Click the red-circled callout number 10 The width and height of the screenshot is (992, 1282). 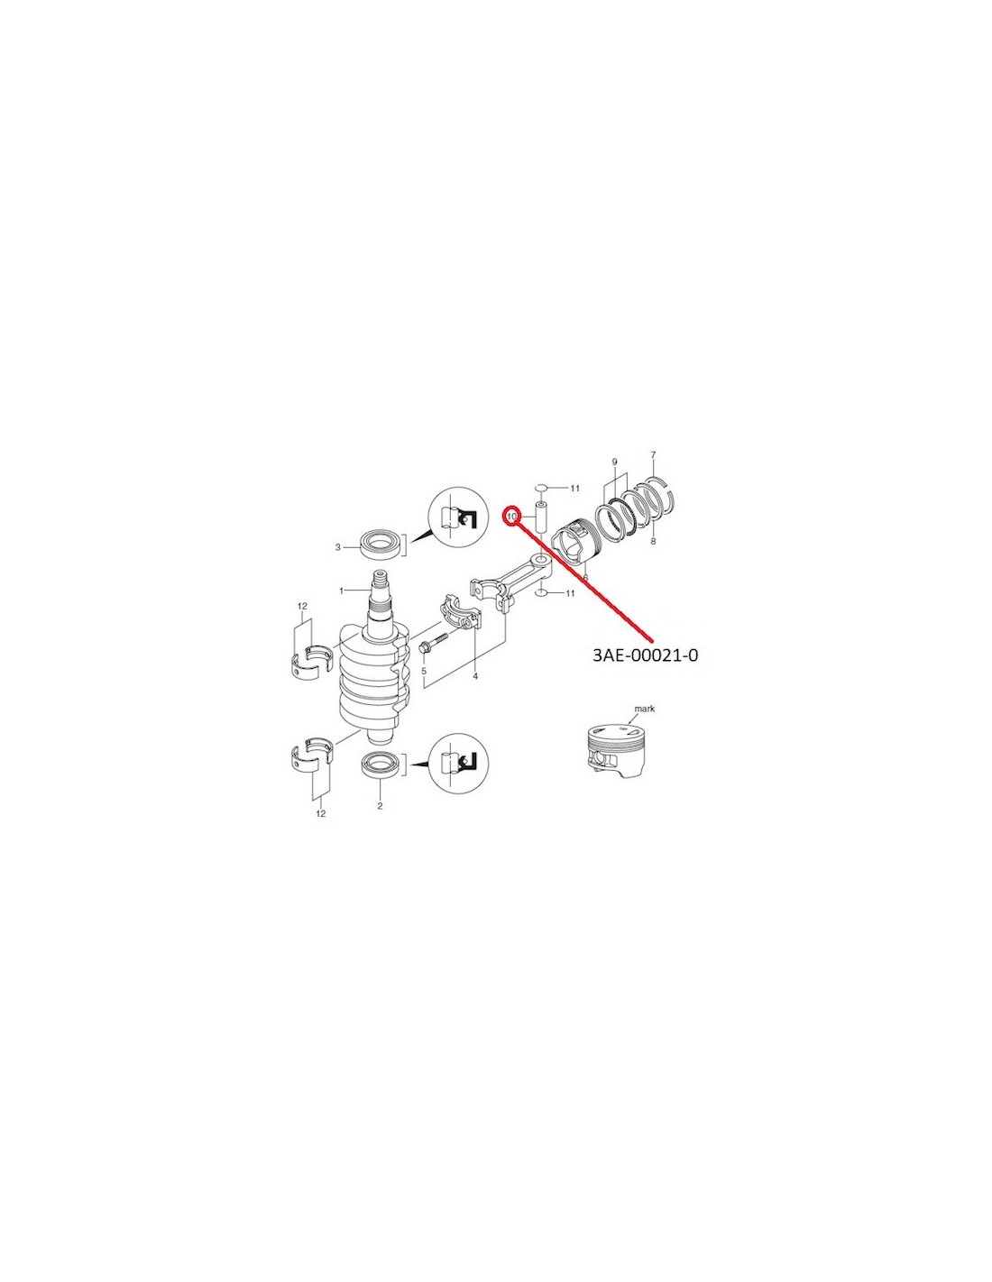tap(511, 516)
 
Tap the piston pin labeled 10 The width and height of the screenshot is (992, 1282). tap(539, 517)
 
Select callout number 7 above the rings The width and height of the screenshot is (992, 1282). tap(652, 455)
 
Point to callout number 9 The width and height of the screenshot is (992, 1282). tap(614, 462)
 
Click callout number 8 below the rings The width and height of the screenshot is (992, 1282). tap(652, 541)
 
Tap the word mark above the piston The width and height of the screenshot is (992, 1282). tap(643, 709)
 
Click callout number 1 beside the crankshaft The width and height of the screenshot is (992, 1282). tap(341, 591)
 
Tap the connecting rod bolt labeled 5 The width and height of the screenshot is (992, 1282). tap(435, 641)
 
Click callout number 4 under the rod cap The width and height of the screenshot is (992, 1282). tap(475, 677)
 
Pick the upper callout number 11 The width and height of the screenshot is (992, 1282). tap(574, 488)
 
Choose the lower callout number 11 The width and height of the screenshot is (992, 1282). tap(569, 593)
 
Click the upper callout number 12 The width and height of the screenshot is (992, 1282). tap(302, 606)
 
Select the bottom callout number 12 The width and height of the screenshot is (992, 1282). tap(320, 814)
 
